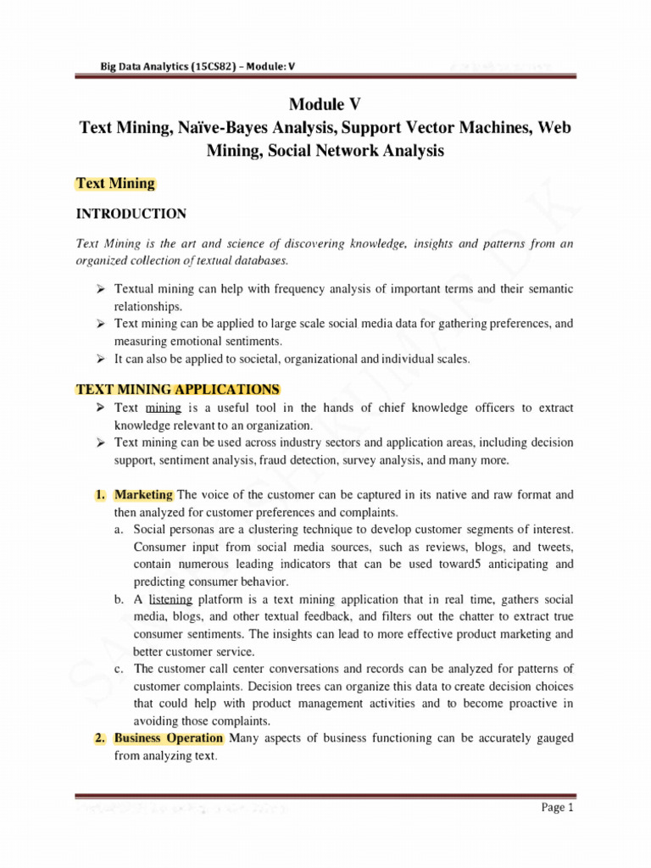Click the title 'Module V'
(x=325, y=105)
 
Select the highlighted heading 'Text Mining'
(x=115, y=182)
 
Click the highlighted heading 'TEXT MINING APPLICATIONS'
(x=178, y=390)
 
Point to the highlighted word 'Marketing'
(x=144, y=494)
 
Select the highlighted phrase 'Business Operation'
(x=169, y=738)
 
